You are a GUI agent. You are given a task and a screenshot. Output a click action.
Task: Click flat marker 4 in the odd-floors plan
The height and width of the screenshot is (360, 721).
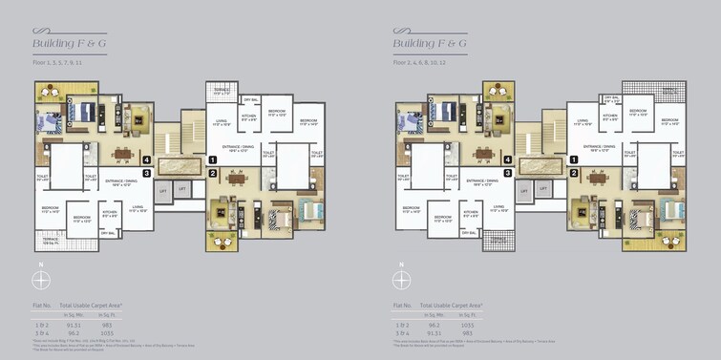[x=146, y=159]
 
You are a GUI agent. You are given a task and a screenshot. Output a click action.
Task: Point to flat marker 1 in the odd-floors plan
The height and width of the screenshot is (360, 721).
[x=213, y=159]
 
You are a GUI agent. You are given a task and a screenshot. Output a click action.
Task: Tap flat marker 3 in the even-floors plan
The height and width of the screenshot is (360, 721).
[x=507, y=173]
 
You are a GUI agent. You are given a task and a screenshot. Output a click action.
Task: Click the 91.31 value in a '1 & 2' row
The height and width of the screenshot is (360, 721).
[x=73, y=326]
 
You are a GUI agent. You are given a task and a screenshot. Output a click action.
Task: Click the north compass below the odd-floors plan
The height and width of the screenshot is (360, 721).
[x=41, y=280]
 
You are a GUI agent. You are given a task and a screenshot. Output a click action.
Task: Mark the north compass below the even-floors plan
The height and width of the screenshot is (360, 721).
[x=401, y=280]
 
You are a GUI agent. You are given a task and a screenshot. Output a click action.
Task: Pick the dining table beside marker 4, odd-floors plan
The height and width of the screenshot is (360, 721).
[x=121, y=152]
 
